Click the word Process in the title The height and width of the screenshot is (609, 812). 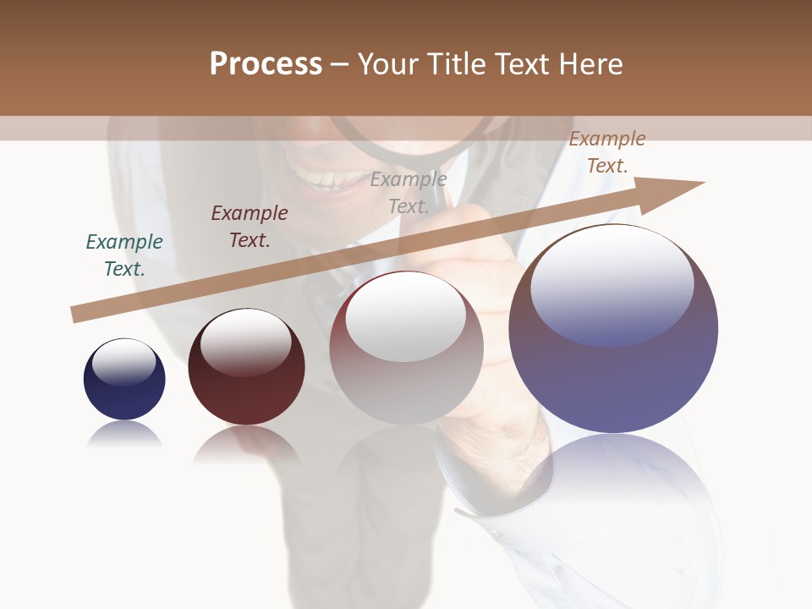pyautogui.click(x=266, y=64)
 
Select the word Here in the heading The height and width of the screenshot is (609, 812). pyautogui.click(x=590, y=64)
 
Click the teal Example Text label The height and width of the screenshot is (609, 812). pyautogui.click(x=124, y=255)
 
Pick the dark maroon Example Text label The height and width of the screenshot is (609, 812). pyautogui.click(x=250, y=227)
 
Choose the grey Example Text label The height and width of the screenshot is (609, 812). pyautogui.click(x=409, y=193)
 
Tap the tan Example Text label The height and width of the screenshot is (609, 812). pyautogui.click(x=607, y=152)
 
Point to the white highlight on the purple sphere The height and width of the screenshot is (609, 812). pyautogui.click(x=612, y=283)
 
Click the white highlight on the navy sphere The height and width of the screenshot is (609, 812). pyautogui.click(x=123, y=362)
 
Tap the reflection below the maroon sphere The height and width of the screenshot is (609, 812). pyautogui.click(x=246, y=443)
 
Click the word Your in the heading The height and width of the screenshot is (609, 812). pyautogui.click(x=388, y=64)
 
